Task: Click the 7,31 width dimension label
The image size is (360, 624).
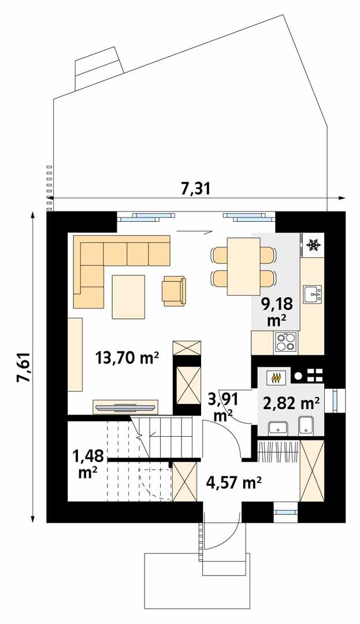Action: coord(195,188)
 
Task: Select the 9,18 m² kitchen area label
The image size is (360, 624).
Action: coord(277,312)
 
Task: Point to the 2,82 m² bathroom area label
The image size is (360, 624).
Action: coord(292,403)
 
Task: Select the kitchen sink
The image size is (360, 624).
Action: coord(313,295)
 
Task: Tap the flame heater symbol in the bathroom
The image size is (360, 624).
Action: coord(276,377)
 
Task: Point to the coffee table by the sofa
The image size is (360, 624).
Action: coord(128,296)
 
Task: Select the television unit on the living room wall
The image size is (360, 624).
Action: coord(126,407)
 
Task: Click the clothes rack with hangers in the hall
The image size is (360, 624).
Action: coord(279,451)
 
